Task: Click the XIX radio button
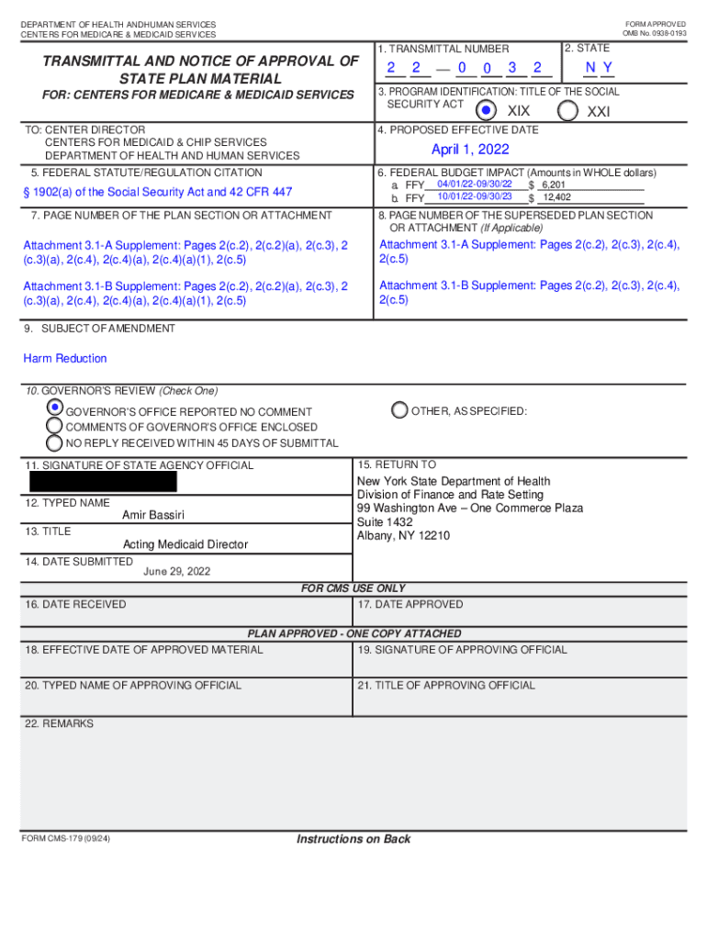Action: pos(488,110)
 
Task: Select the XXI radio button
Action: pos(568,110)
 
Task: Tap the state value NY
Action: pos(599,68)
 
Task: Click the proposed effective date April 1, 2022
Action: pos(470,150)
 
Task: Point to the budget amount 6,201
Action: pos(554,185)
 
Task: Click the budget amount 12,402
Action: pos(556,197)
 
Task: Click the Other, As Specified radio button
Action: pos(399,410)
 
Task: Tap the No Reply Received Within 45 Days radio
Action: pos(55,442)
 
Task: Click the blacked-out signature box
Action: pos(103,481)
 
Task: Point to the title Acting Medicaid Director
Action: pos(185,544)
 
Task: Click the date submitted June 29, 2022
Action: pos(177,571)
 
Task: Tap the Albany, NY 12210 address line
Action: pos(403,536)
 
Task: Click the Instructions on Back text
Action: pos(353,839)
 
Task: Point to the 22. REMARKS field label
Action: pos(59,724)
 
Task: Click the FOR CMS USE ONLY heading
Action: pos(353,588)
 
